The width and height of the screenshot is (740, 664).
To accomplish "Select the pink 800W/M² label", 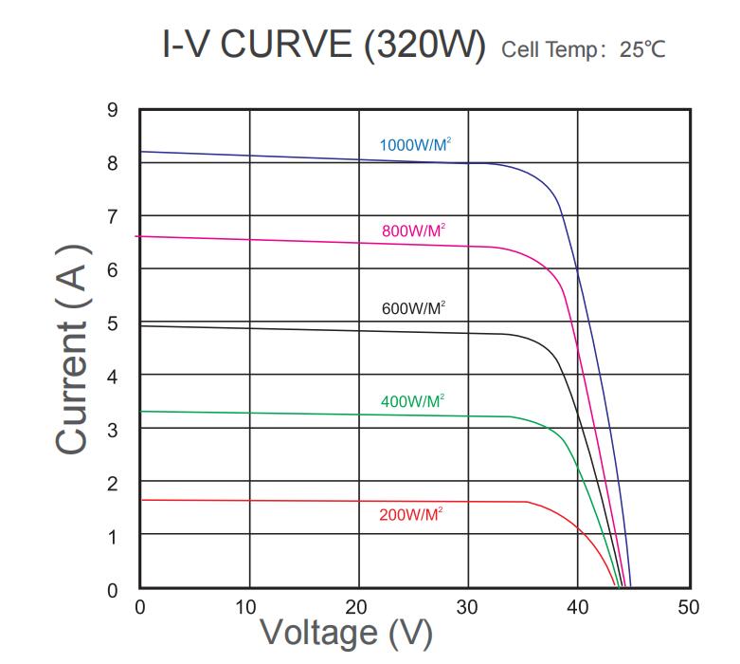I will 413,231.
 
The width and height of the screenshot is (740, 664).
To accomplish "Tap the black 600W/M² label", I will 412,308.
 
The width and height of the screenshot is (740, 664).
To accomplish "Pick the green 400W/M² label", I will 412,401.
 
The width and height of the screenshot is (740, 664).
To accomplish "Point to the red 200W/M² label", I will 411,515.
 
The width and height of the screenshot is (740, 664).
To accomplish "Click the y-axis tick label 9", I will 113,110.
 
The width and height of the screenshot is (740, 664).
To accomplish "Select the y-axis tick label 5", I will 113,323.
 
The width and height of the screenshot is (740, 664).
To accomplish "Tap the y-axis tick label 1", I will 113,537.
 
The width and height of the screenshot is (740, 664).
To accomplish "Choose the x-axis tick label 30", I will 466,607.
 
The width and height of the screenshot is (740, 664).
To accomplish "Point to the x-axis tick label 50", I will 687,607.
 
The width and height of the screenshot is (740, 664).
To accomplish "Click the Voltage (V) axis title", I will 346,633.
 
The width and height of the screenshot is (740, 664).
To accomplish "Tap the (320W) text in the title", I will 424,45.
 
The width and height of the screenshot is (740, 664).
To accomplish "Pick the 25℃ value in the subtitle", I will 642,49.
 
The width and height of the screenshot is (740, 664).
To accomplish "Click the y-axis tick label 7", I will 113,217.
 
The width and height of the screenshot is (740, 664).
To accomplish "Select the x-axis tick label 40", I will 577,607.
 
